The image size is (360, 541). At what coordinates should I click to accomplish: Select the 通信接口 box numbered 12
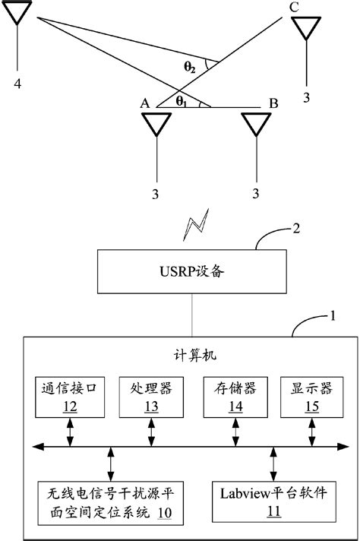70,397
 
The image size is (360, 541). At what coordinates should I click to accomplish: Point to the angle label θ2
191,66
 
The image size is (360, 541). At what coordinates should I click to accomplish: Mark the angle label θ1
180,100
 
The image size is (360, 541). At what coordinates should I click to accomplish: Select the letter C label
294,7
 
